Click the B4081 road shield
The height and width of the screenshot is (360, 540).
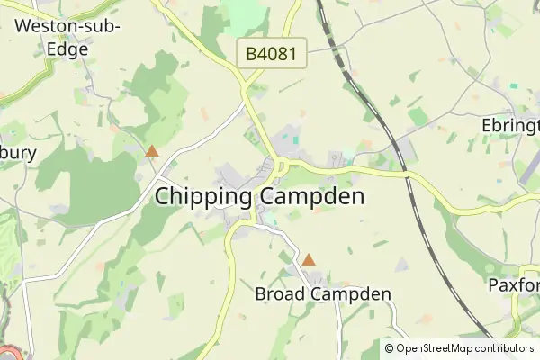(x=272, y=54)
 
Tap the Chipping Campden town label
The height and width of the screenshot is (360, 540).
(x=260, y=196)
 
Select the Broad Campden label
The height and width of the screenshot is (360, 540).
(x=323, y=294)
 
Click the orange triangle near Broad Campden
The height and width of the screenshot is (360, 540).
(x=309, y=259)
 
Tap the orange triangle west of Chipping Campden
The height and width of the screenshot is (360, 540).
(x=152, y=151)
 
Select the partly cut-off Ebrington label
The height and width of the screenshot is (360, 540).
(x=510, y=125)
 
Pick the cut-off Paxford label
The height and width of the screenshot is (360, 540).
(x=514, y=285)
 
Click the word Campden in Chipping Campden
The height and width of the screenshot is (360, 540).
(x=313, y=196)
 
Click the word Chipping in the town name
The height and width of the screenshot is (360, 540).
(x=206, y=196)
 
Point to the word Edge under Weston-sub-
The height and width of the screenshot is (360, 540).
(x=68, y=49)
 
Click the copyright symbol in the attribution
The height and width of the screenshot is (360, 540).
(x=389, y=348)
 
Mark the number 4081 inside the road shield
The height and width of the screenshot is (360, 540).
(x=279, y=54)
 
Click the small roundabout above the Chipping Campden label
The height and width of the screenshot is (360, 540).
(x=280, y=166)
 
